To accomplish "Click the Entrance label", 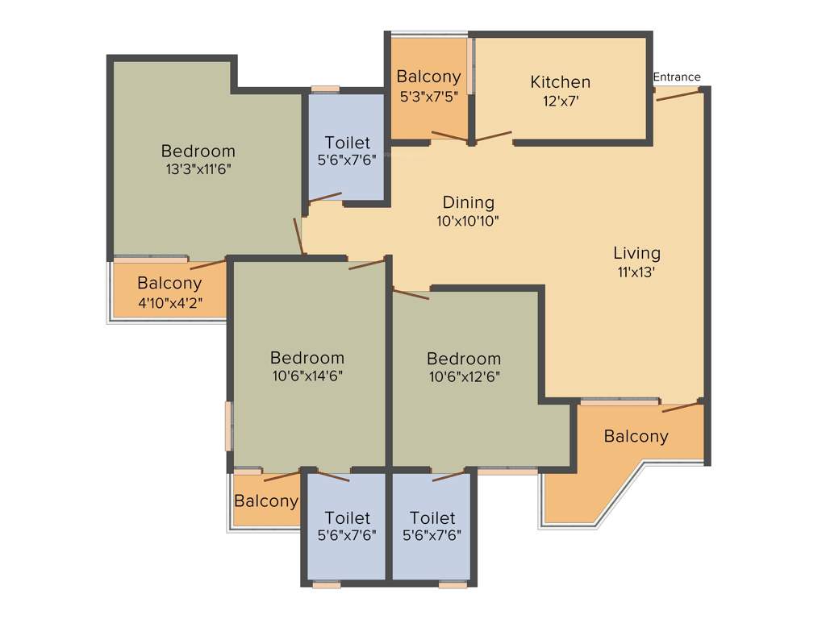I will point(677,77).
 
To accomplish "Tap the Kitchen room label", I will point(560,82).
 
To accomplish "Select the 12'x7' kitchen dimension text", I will point(560,102).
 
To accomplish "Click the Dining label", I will point(468,202).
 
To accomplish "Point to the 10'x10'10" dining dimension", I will point(468,221).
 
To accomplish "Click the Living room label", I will point(636,253).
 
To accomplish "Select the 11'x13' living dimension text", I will point(636,272).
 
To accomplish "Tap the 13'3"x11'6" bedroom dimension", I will point(198,169).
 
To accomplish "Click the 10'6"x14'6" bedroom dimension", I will point(307,376).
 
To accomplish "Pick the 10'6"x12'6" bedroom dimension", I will point(463,376).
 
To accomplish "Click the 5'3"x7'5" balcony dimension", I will point(428,97).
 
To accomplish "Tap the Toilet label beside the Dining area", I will point(347,143).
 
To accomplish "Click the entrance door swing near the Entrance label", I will point(678,93).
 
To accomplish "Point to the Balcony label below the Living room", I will point(636,437).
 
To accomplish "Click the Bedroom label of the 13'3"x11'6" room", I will point(198,151).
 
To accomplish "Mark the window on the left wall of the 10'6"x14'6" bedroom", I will point(229,426).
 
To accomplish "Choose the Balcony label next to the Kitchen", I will point(428,77).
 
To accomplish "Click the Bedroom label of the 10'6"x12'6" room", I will point(463,358).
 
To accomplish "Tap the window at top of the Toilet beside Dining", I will point(326,89).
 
